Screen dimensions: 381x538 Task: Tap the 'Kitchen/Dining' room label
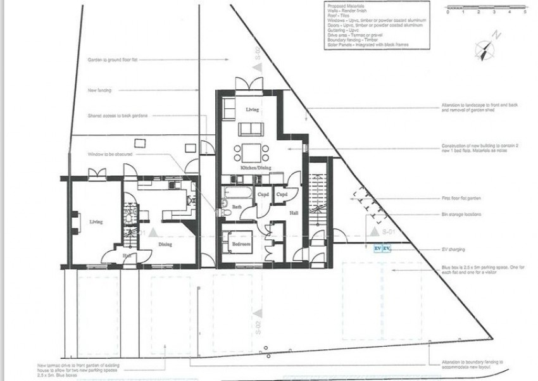coord(255,168)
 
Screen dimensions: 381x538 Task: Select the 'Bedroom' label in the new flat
coord(241,244)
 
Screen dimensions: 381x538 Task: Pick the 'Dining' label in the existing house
coord(165,244)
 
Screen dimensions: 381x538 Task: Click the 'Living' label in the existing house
coord(96,222)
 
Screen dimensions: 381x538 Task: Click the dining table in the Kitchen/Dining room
coord(251,153)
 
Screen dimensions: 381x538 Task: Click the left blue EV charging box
coord(378,249)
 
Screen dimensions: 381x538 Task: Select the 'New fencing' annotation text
coord(99,91)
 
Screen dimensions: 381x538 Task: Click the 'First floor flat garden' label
coord(461,198)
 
